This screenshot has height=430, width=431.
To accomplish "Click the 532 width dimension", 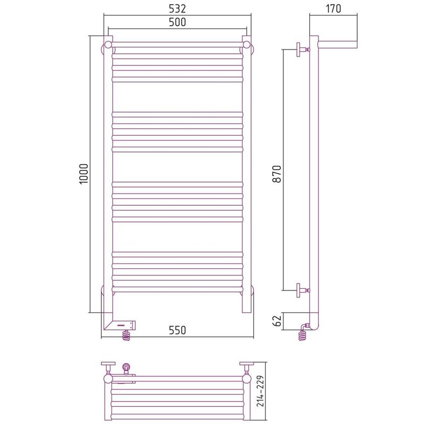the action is pos(177,9).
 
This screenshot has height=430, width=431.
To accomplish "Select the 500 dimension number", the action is pos(177,22).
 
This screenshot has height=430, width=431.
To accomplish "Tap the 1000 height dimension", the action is pos(84,174).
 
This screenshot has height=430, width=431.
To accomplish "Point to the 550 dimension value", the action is pos(177,330).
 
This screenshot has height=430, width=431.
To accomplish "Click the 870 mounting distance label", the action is pos(277,174).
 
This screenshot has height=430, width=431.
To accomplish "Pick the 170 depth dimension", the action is pos(333,9).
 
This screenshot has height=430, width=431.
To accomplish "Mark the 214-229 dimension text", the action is pos(260,391).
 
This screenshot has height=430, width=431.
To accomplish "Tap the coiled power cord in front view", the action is pos(126,335).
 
